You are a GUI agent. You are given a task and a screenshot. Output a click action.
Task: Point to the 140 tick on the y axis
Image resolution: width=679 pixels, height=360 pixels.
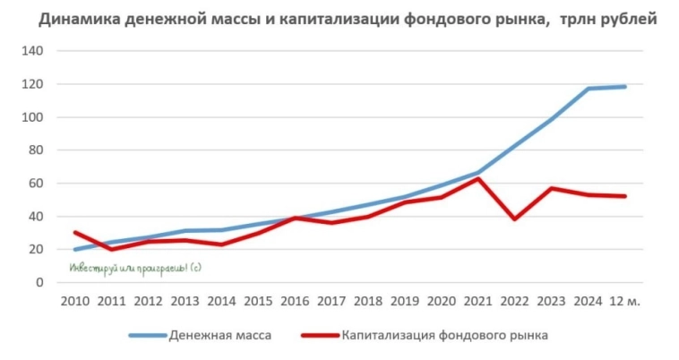(x=32, y=51)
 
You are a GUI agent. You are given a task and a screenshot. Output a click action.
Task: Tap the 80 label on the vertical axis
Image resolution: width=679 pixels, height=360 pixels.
(x=35, y=150)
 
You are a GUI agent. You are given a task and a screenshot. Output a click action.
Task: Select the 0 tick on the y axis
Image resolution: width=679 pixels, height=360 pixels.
(x=39, y=283)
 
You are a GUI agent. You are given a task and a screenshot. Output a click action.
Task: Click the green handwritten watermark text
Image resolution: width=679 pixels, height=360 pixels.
(x=133, y=267)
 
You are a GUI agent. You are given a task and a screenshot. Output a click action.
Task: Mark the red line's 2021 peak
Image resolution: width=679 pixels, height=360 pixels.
(x=478, y=178)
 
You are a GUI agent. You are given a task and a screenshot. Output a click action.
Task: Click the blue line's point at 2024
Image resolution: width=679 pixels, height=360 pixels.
(x=588, y=89)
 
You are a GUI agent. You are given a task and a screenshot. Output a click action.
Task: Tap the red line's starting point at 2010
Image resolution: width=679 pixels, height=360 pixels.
(x=74, y=233)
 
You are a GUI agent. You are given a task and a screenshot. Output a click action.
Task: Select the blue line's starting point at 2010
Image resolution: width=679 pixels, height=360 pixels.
(x=74, y=250)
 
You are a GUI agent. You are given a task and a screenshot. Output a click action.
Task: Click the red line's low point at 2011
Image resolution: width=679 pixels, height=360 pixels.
(x=111, y=249)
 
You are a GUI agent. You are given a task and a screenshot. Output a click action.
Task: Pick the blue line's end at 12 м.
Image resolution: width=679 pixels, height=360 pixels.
(x=624, y=86)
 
